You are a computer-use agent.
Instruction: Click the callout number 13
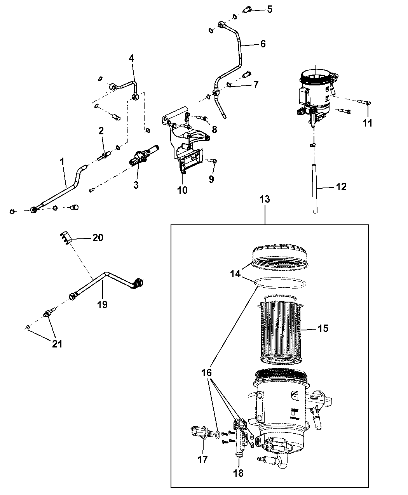click(265, 199)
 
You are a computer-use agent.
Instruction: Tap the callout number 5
click(269, 9)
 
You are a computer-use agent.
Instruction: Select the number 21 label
click(57, 344)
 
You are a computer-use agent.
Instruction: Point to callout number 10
click(182, 190)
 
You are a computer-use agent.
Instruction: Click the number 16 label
click(206, 373)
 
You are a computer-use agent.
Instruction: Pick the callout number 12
click(341, 187)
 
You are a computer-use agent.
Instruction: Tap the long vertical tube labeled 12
click(315, 189)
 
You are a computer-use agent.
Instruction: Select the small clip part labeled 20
click(65, 238)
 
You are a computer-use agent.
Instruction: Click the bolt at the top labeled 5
click(247, 10)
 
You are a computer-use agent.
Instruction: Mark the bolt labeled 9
click(212, 161)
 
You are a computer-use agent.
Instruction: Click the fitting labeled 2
click(103, 156)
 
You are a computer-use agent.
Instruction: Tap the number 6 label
click(263, 44)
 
